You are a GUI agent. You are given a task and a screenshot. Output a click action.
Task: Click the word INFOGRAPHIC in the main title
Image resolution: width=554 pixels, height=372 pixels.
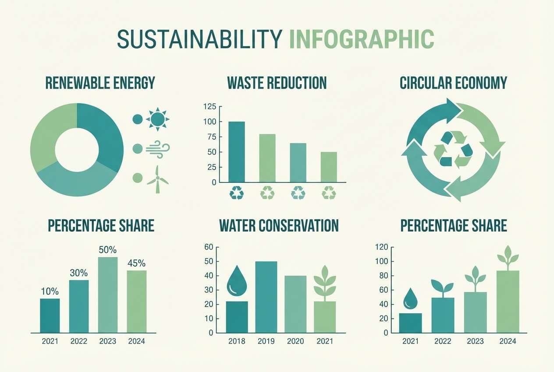362,39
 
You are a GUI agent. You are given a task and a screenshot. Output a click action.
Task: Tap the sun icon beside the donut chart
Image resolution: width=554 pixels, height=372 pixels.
157,119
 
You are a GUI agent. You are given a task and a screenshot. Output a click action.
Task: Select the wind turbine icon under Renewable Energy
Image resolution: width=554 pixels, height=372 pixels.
157,179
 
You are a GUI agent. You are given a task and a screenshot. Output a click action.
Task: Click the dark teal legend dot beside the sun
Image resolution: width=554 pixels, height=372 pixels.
137,119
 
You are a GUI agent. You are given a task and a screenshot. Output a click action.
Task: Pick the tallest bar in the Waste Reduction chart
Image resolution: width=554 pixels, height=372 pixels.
237,152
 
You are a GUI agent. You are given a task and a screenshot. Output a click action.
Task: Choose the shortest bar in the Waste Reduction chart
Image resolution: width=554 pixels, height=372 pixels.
329,167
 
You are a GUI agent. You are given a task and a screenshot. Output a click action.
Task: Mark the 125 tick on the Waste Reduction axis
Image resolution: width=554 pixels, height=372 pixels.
210,106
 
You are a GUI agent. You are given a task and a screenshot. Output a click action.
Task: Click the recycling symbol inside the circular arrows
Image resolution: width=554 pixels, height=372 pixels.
453,149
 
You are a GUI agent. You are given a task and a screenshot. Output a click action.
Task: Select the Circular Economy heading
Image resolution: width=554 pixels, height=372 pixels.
453,83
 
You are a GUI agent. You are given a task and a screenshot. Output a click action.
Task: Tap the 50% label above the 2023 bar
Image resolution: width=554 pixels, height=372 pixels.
107,250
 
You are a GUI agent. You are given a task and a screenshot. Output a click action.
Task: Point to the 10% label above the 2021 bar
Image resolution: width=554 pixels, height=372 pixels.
50,291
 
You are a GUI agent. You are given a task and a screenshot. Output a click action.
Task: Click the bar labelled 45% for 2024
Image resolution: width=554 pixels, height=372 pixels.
137,301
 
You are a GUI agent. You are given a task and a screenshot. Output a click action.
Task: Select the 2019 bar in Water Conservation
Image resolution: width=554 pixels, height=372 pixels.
266,297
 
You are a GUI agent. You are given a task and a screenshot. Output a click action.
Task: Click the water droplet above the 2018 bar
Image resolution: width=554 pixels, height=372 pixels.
237,281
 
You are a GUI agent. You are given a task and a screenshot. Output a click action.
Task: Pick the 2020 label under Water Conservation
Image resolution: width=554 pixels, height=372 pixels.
295,341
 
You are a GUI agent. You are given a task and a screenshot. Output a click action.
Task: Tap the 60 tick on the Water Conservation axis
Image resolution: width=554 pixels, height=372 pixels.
208,247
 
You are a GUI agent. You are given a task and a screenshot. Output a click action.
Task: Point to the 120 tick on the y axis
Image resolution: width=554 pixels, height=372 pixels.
382,247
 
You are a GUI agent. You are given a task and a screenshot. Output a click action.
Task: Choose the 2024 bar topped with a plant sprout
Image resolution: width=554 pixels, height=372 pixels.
508,301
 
